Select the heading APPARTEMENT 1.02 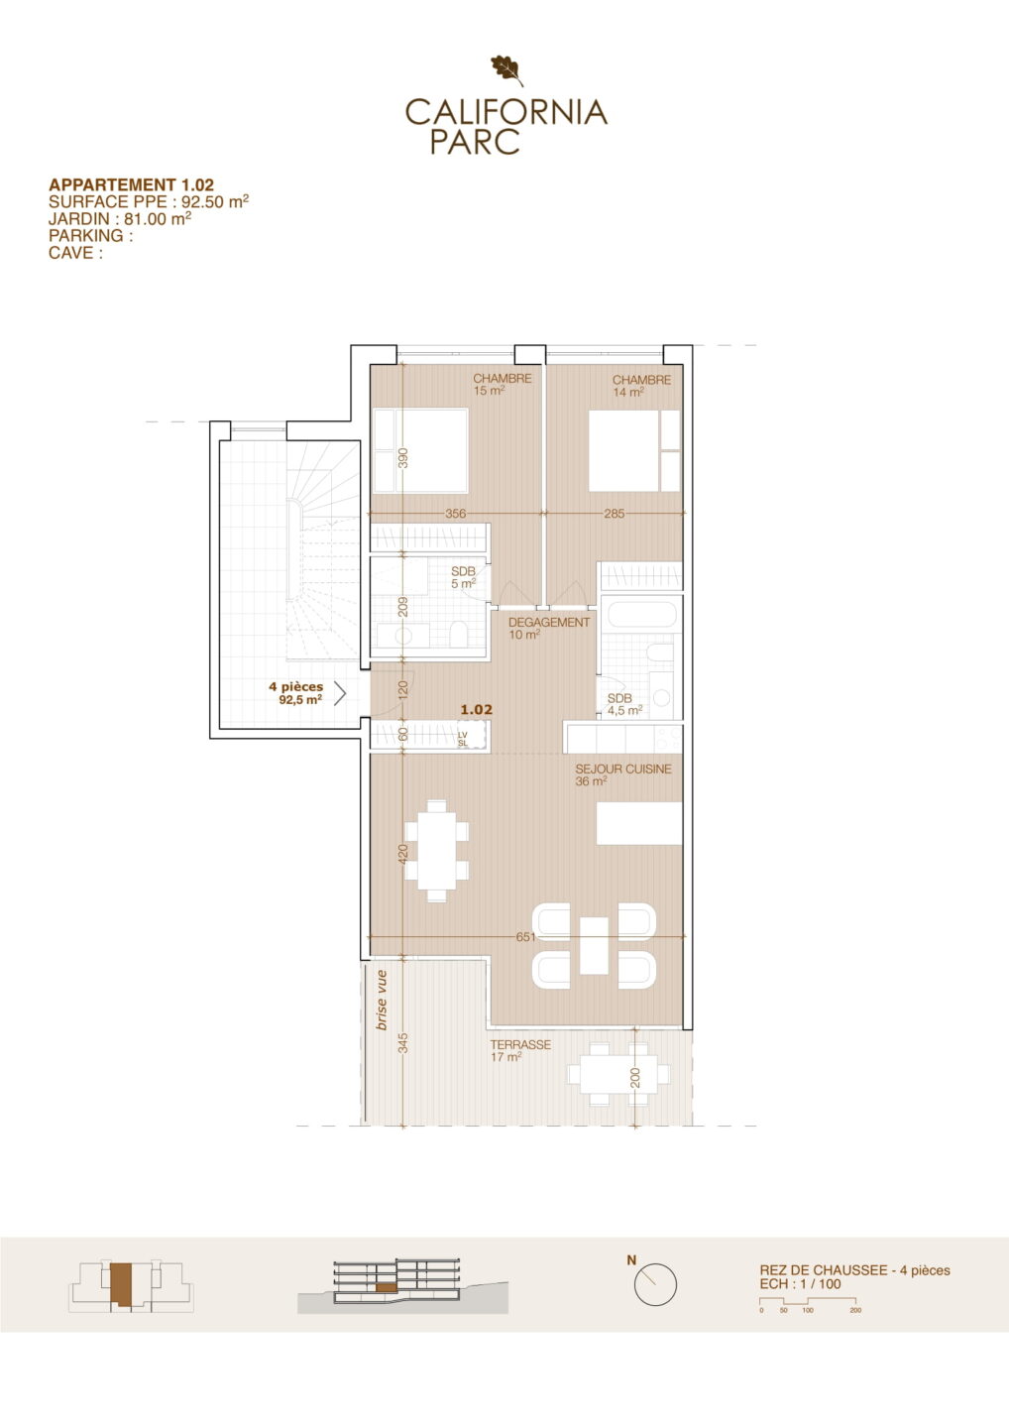131,184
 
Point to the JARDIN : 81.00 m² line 120,218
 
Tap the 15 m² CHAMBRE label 502,384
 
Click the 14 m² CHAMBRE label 641,386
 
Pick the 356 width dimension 456,514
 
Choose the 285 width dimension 615,514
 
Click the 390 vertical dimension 402,458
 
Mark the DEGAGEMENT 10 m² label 548,628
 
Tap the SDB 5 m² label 463,577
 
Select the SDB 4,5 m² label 624,704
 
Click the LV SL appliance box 473,735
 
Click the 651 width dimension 525,936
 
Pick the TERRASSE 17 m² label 520,1050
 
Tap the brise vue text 382,1001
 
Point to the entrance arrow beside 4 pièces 340,693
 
